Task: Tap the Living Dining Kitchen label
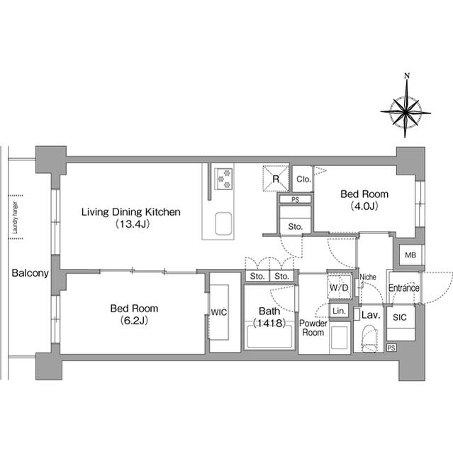click(x=130, y=211)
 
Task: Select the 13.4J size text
click(x=131, y=225)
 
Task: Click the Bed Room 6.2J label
click(x=134, y=309)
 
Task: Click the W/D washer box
click(x=339, y=288)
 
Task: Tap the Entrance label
click(x=403, y=288)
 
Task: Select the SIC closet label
click(x=399, y=319)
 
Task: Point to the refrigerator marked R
click(x=275, y=178)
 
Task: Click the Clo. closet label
click(x=303, y=179)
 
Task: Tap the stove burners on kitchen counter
click(x=224, y=177)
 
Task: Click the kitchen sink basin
click(x=225, y=225)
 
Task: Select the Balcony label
click(x=30, y=273)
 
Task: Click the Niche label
click(x=367, y=277)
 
